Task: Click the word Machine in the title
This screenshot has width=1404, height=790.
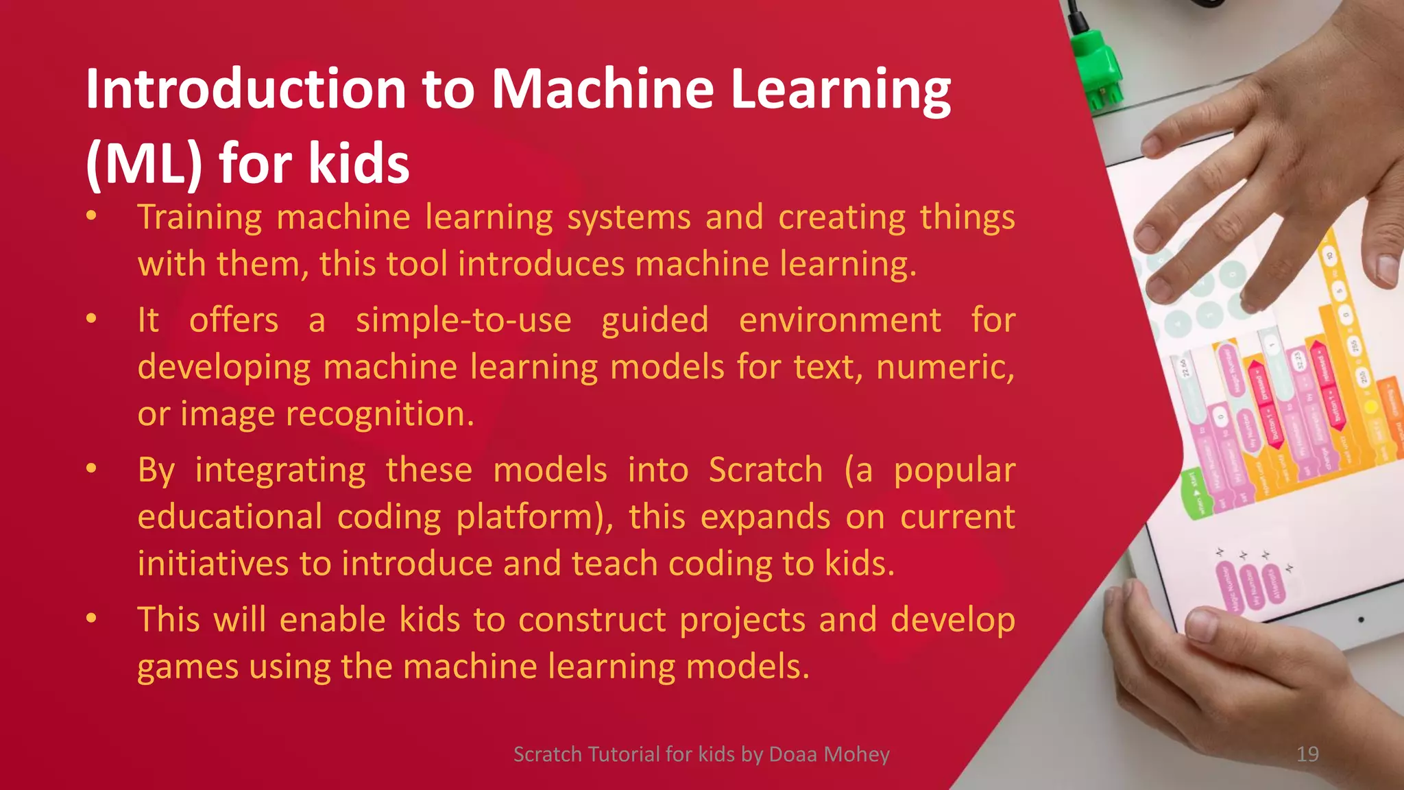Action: [x=603, y=89]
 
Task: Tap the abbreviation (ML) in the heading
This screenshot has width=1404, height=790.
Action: [x=144, y=165]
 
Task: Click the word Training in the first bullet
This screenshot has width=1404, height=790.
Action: [x=199, y=218]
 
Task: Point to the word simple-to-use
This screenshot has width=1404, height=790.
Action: [x=463, y=321]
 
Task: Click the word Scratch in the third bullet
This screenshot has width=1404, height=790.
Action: [x=765, y=470]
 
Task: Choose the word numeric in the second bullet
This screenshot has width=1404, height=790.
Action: [x=943, y=368]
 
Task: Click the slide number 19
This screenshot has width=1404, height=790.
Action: [x=1307, y=754]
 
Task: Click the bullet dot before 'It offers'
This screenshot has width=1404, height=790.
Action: [x=91, y=320]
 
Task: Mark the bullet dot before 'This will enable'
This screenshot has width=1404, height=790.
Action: [x=91, y=619]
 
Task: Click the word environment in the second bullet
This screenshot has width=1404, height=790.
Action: [x=840, y=321]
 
